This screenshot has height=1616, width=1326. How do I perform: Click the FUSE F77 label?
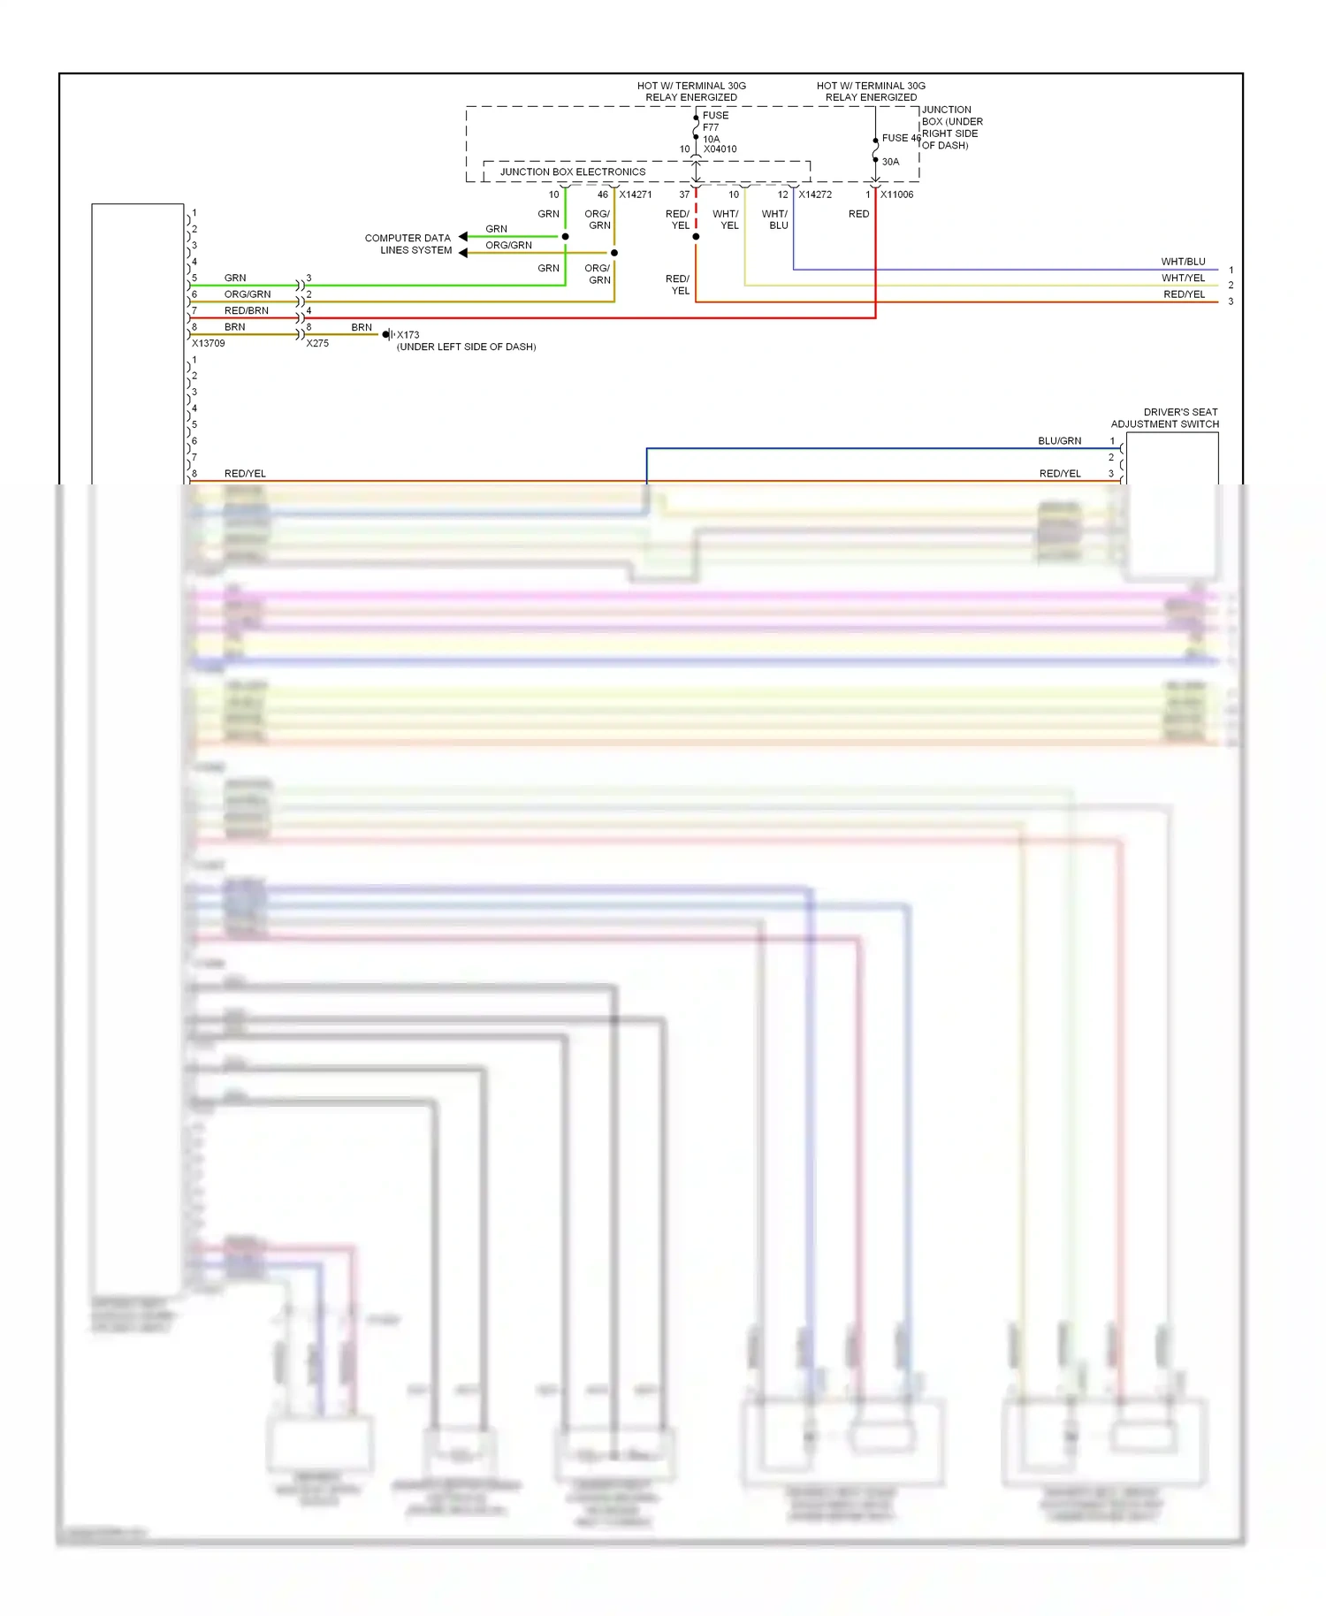click(714, 121)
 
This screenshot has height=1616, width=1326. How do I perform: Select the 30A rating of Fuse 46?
click(890, 162)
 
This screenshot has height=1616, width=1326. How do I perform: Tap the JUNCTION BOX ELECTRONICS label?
click(572, 172)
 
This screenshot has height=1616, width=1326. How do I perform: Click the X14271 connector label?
click(635, 194)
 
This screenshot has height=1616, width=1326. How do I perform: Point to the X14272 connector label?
click(814, 194)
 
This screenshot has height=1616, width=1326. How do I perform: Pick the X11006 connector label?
click(896, 194)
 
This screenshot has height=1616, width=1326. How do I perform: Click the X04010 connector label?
click(720, 149)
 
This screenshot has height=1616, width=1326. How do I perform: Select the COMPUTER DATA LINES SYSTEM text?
click(408, 244)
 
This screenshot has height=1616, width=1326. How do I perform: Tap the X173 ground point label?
click(408, 335)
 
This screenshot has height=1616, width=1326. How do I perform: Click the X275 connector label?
click(317, 344)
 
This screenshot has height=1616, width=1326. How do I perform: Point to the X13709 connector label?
click(209, 344)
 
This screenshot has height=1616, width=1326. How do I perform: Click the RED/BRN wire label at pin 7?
click(246, 311)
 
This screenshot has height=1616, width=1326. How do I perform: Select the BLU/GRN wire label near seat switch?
click(1059, 441)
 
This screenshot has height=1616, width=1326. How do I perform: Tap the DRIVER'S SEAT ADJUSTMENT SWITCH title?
click(1165, 418)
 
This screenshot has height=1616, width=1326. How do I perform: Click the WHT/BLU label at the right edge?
click(1183, 262)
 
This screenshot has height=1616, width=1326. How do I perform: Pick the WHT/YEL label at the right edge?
click(1183, 278)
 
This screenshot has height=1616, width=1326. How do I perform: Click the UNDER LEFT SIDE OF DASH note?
click(466, 347)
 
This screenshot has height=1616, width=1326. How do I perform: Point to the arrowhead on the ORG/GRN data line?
click(462, 253)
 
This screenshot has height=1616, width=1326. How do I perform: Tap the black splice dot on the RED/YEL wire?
click(696, 237)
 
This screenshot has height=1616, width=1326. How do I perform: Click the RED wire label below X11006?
click(858, 214)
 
